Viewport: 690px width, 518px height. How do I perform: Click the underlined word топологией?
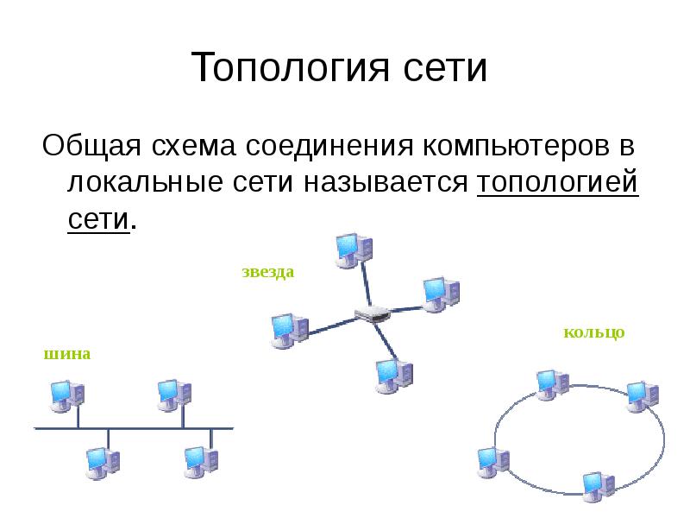[556, 182]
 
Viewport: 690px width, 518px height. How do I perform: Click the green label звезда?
[267, 272]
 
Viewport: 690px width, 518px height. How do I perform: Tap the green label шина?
[66, 354]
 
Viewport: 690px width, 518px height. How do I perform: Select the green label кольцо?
[593, 332]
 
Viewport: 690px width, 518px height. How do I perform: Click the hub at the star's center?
[373, 314]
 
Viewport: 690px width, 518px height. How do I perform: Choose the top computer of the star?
[353, 249]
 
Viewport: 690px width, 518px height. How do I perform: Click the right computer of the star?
[440, 294]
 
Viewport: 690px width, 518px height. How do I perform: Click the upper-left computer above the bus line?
[66, 395]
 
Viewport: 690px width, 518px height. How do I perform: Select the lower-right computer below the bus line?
[200, 462]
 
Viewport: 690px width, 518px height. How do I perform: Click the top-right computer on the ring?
[643, 395]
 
